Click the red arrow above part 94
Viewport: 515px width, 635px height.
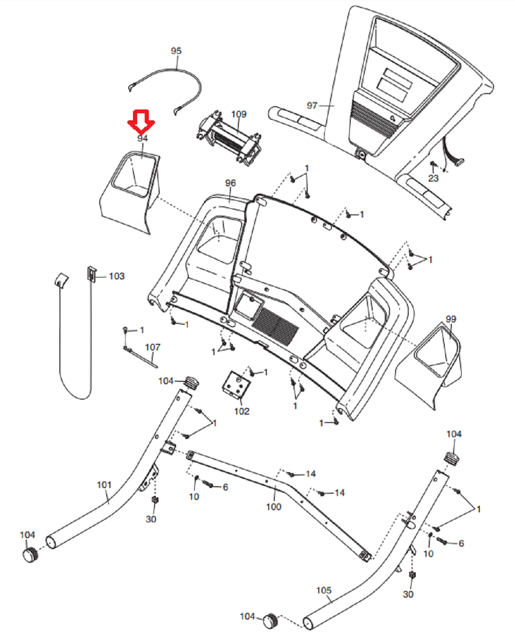pyautogui.click(x=141, y=121)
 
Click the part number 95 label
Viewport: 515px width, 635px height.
pyautogui.click(x=176, y=51)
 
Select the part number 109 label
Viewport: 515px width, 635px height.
pyautogui.click(x=239, y=114)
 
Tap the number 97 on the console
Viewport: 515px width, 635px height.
pyautogui.click(x=312, y=106)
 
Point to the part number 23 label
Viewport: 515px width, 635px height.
pyautogui.click(x=434, y=178)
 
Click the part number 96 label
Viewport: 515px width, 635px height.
pyautogui.click(x=230, y=183)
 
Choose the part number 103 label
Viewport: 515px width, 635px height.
pyautogui.click(x=117, y=276)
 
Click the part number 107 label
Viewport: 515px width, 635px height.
pyautogui.click(x=153, y=347)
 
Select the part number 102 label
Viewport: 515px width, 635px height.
pyautogui.click(x=242, y=411)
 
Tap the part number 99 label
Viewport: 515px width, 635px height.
pyautogui.click(x=450, y=319)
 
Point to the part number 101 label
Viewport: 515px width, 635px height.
pyautogui.click(x=104, y=485)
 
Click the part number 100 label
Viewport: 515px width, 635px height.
pyautogui.click(x=273, y=507)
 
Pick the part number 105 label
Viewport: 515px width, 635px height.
pyautogui.click(x=324, y=591)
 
